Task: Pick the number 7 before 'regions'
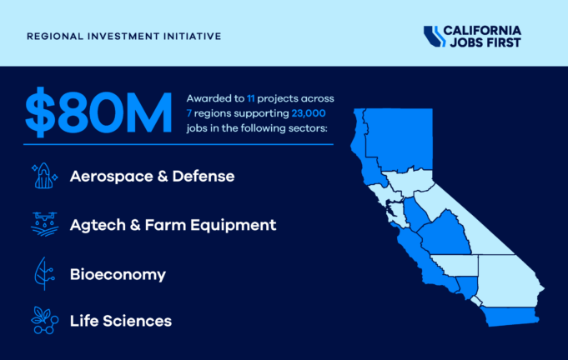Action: (x=189, y=113)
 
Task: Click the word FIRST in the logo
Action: (x=504, y=43)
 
